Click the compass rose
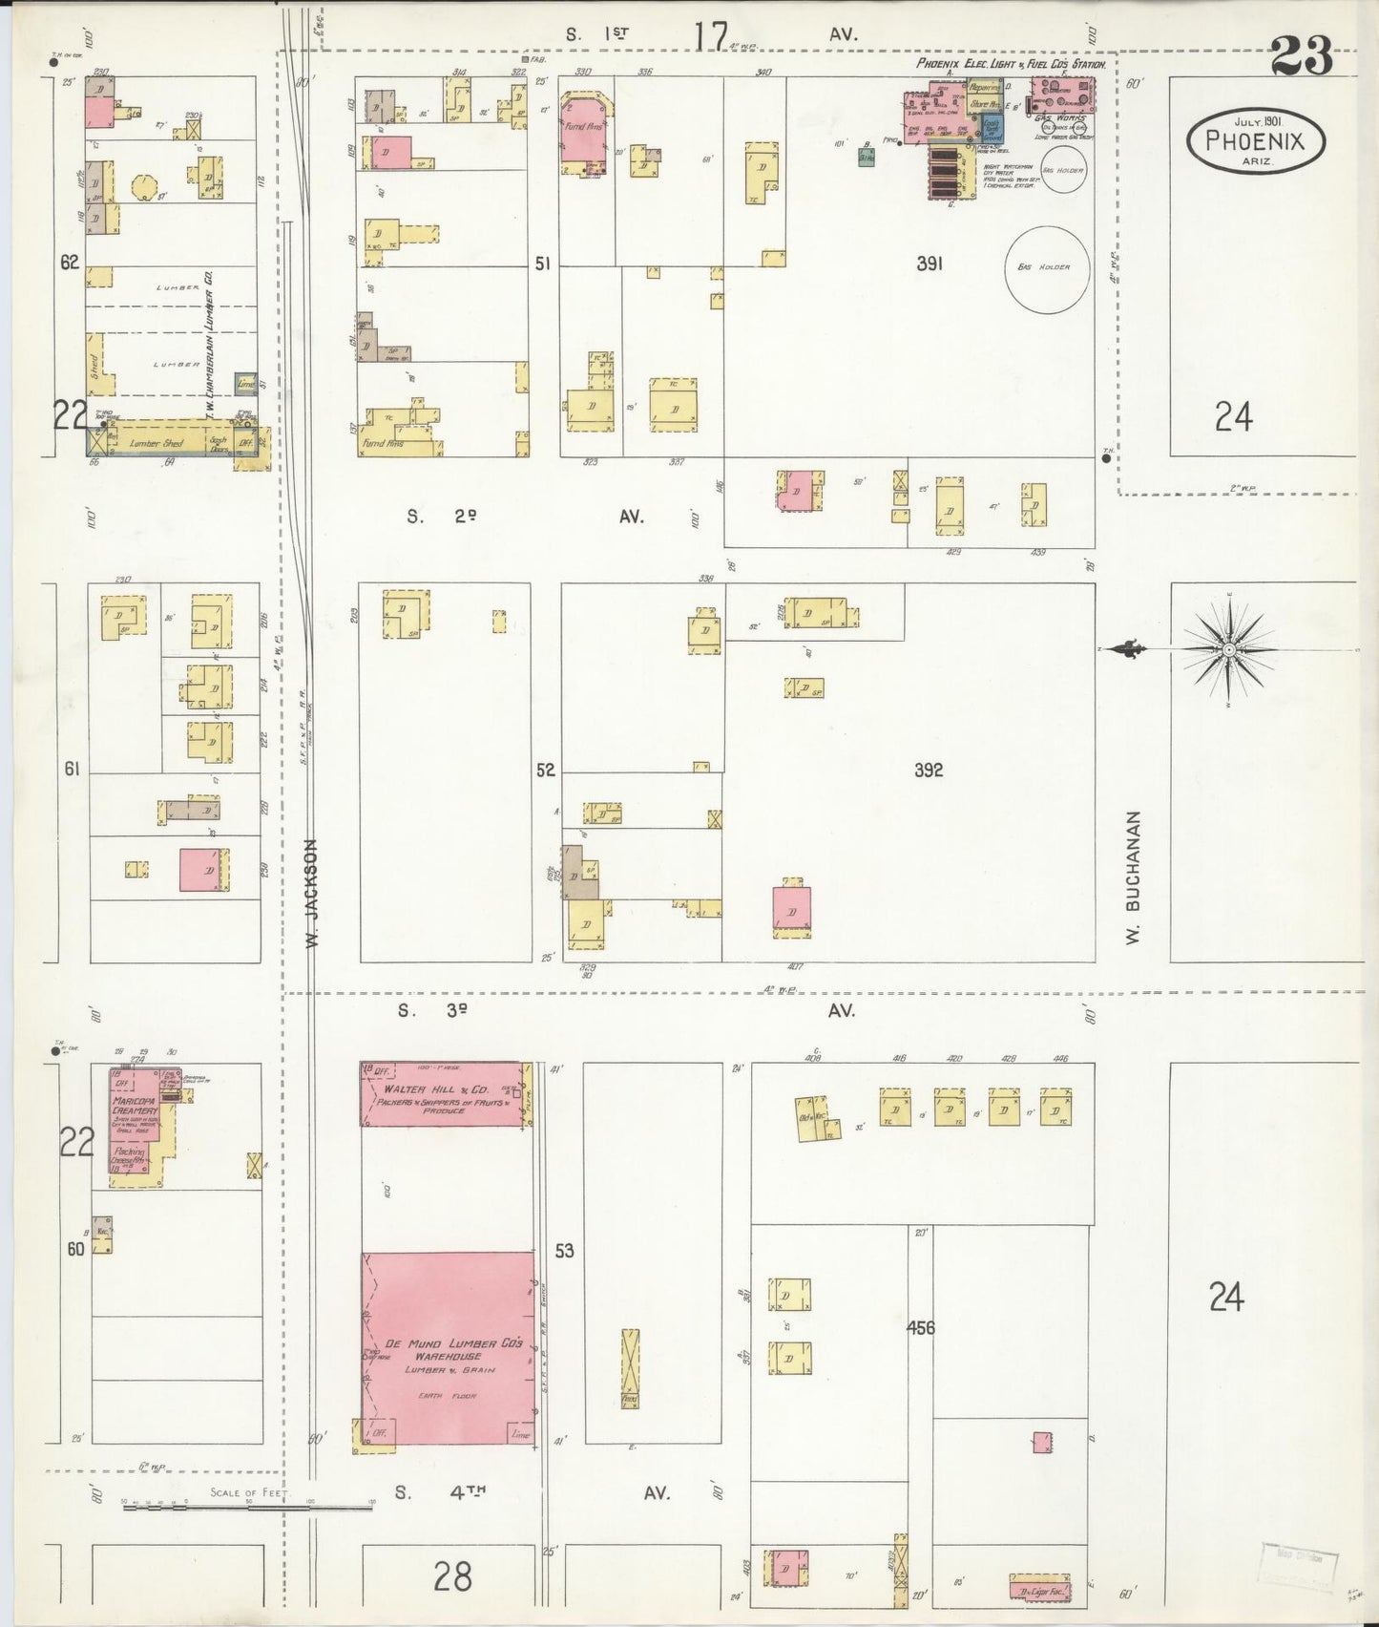click(1229, 650)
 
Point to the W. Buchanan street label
click(1134, 877)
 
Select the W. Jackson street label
click(312, 894)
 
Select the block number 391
click(930, 264)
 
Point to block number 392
click(928, 770)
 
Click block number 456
click(920, 1327)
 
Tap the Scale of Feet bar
click(248, 1504)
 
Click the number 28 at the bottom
click(451, 1575)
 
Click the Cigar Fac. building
click(1041, 1591)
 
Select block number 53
click(564, 1250)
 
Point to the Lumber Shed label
click(157, 443)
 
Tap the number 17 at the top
click(710, 35)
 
